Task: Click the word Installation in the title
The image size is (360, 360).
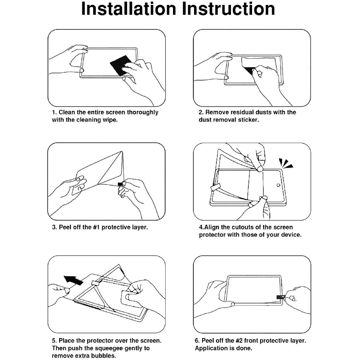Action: tap(129, 9)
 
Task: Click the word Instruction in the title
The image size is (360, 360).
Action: tap(229, 9)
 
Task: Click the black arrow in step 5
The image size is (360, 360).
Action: tap(73, 280)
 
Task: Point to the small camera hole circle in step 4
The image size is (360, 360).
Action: tap(278, 185)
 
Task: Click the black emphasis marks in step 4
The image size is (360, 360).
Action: tap(286, 163)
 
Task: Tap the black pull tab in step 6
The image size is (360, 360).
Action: tap(281, 297)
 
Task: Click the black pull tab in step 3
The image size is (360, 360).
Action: tap(120, 184)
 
